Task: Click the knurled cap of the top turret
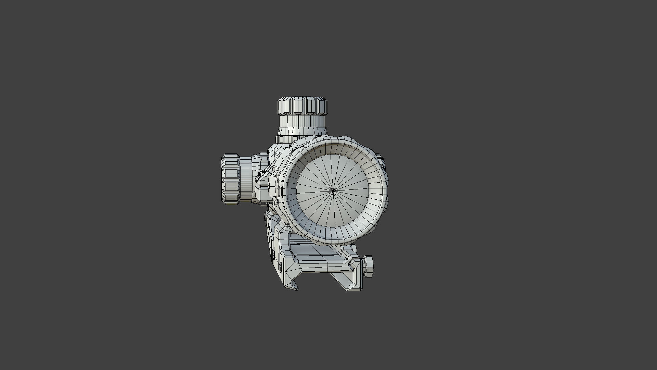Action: pos(302,106)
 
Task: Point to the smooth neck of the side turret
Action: pos(245,179)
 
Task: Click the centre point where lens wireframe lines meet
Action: pos(333,191)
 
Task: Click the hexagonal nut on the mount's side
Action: pos(368,266)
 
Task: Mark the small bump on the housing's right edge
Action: pos(380,161)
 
